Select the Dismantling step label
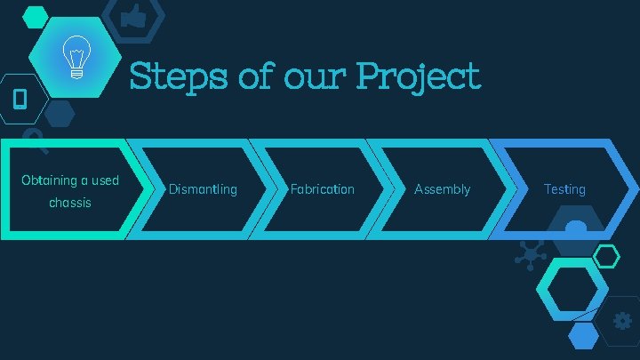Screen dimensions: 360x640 coord(203,189)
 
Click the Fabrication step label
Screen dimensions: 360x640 coord(322,189)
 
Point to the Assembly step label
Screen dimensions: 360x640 coord(442,189)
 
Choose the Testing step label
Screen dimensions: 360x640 coord(564,189)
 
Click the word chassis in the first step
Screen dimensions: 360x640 coord(69,203)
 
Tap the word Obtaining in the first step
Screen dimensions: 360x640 coord(49,180)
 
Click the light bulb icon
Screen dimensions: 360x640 coord(76,58)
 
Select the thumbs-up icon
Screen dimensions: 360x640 coord(133,16)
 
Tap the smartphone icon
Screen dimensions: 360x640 coord(20,98)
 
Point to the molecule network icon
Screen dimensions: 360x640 coord(532,256)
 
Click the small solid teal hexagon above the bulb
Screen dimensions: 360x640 coord(35,16)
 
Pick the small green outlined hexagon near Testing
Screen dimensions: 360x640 coord(606,257)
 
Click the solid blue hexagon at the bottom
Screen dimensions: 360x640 coord(583,336)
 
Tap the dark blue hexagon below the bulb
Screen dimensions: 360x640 coord(60,113)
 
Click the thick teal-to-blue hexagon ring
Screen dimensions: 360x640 coord(572,290)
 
